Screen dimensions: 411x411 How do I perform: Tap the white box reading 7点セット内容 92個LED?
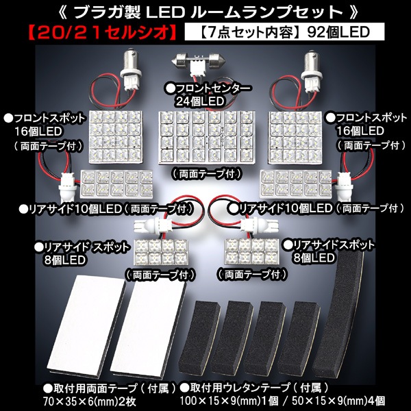pyautogui.click(x=284, y=32)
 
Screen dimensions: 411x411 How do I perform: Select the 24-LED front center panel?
pyautogui.click(x=207, y=138)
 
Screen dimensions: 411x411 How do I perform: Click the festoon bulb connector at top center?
pyautogui.click(x=199, y=61)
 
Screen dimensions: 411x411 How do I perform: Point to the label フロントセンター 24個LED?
pyautogui.click(x=208, y=95)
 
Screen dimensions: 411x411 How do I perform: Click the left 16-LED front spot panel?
pyautogui.click(x=116, y=137)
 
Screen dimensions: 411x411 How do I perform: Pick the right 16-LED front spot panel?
pyautogui.click(x=295, y=138)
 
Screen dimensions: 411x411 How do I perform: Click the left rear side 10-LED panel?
pyautogui.click(x=116, y=184)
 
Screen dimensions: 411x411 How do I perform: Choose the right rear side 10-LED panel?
pyautogui.click(x=296, y=184)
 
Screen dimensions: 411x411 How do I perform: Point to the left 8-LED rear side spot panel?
pyautogui.click(x=161, y=251)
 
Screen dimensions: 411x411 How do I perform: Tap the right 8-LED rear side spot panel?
pyautogui.click(x=251, y=251)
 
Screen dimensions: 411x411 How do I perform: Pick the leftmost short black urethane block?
pyautogui.click(x=199, y=337)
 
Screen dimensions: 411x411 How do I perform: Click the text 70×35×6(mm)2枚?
pyautogui.click(x=90, y=401)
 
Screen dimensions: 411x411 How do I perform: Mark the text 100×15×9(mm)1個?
pyautogui.click(x=229, y=401)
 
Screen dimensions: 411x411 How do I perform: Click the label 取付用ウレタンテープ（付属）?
pyautogui.click(x=254, y=388)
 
